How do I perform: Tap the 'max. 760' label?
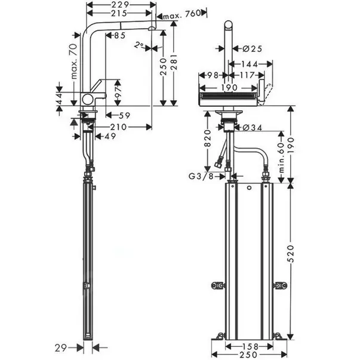point(183,14)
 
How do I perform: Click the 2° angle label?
point(140,45)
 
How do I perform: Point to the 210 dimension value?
point(119,127)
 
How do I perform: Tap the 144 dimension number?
point(250,64)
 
